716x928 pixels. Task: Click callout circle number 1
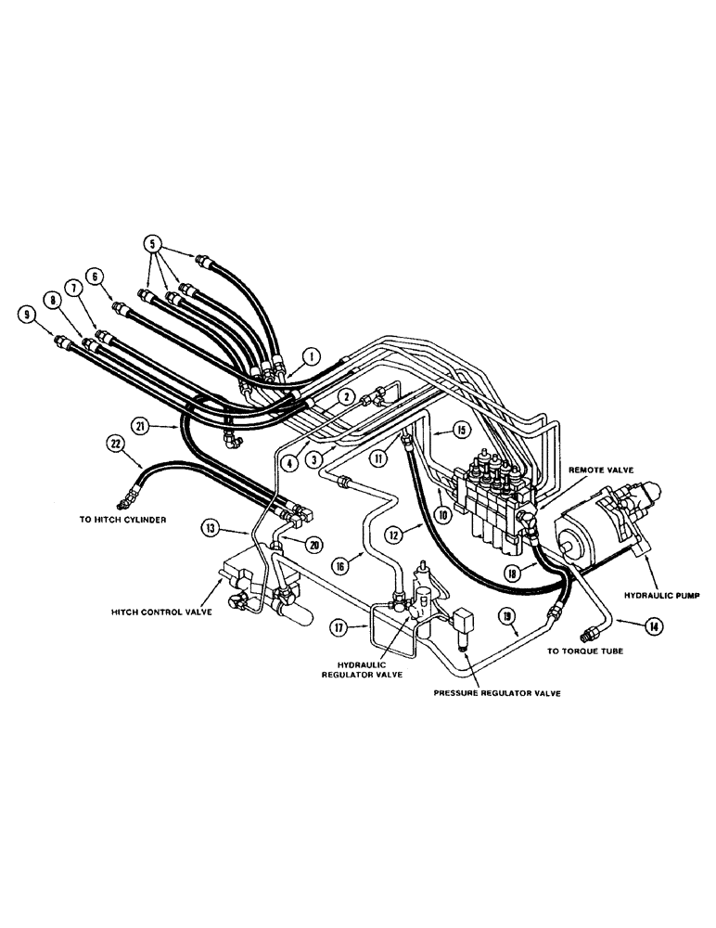coord(313,354)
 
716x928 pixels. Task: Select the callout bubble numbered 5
coord(153,243)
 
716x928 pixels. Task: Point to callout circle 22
coord(115,445)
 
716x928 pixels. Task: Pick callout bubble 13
coord(211,528)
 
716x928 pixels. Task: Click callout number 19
coord(505,614)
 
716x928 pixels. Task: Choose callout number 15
coord(465,431)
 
